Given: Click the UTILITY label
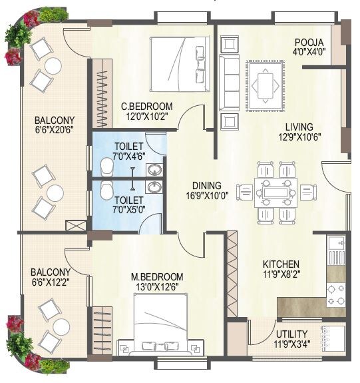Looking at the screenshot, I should pyautogui.click(x=291, y=334).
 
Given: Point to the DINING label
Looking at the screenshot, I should pyautogui.click(x=206, y=186).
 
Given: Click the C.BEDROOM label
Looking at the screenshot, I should pyautogui.click(x=146, y=106).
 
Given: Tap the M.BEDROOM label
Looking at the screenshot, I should pyautogui.click(x=156, y=276).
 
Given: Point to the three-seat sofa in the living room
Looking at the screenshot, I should pyautogui.click(x=230, y=82).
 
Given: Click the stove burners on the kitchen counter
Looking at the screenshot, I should pyautogui.click(x=335, y=290).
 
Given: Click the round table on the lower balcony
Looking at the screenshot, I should pyautogui.click(x=61, y=326).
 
